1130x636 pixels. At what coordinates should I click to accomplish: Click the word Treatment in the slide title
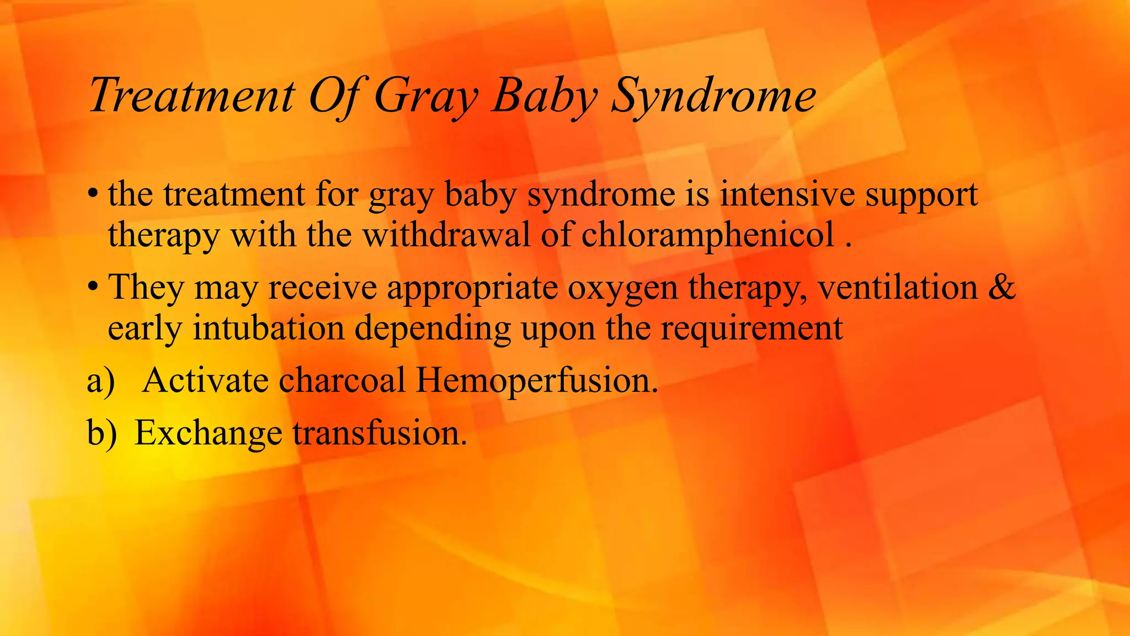(x=192, y=96)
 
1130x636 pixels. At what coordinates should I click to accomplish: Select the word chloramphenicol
(x=707, y=235)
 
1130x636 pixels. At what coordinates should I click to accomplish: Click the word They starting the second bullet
(x=146, y=288)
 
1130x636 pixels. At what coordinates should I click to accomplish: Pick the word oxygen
(x=622, y=289)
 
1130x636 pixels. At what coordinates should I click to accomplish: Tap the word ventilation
(x=898, y=288)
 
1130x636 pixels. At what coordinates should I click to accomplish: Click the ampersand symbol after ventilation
(x=1001, y=288)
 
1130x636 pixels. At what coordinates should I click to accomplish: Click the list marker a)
(x=101, y=381)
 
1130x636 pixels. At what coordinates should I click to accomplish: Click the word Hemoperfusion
(x=537, y=381)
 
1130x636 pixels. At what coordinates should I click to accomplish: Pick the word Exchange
(x=208, y=433)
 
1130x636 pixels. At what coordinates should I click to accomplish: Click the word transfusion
(x=380, y=433)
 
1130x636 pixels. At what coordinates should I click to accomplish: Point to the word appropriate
(x=472, y=289)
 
